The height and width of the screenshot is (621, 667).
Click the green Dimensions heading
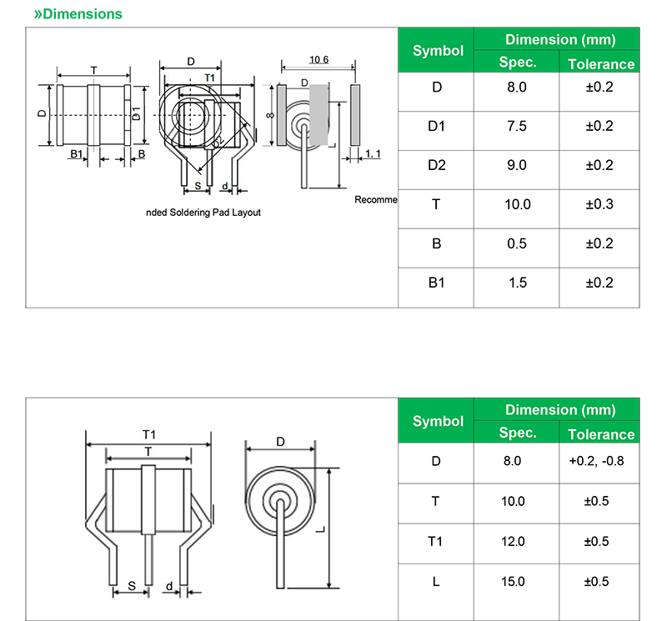pyautogui.click(x=78, y=13)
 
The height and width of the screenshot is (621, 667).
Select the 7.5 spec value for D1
pyautogui.click(x=517, y=127)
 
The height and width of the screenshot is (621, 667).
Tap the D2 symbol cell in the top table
pyautogui.click(x=436, y=165)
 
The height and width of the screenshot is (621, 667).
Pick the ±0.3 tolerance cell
pyautogui.click(x=599, y=204)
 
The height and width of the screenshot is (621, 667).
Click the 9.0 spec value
pyautogui.click(x=517, y=165)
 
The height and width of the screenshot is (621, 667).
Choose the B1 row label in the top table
pyautogui.click(x=436, y=283)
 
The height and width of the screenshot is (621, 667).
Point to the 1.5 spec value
pyautogui.click(x=518, y=283)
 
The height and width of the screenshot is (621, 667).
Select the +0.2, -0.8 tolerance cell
pyautogui.click(x=596, y=461)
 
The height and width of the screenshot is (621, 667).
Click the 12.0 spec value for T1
pyautogui.click(x=513, y=542)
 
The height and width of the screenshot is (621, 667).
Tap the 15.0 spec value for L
pyautogui.click(x=513, y=582)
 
